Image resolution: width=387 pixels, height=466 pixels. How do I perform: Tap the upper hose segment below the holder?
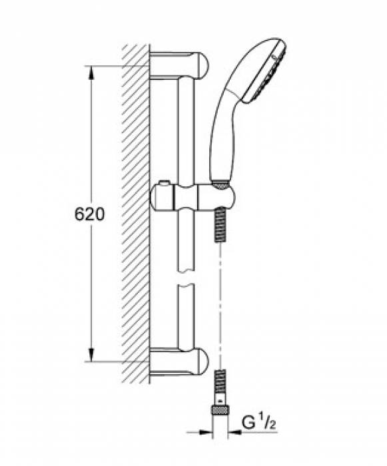221,226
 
